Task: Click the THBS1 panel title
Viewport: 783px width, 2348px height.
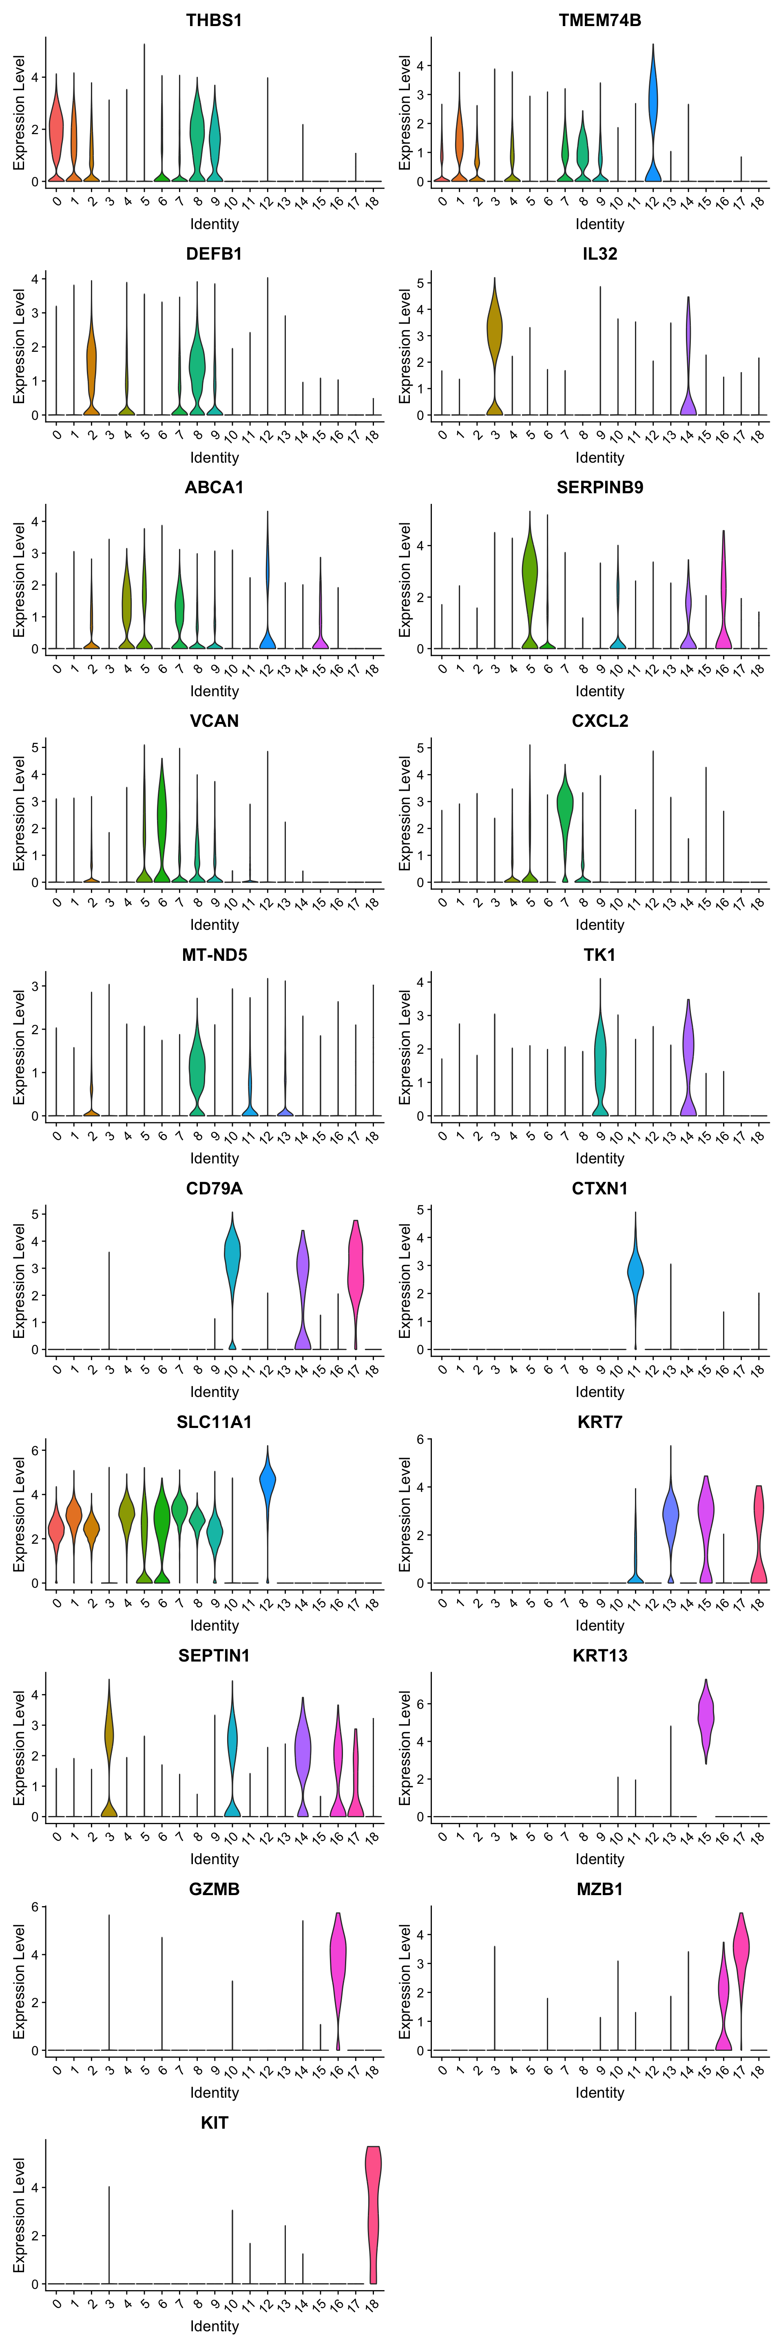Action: click(x=214, y=20)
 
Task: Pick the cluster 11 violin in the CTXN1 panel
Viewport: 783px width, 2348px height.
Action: click(x=635, y=1271)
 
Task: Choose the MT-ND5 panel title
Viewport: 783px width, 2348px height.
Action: click(x=214, y=954)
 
